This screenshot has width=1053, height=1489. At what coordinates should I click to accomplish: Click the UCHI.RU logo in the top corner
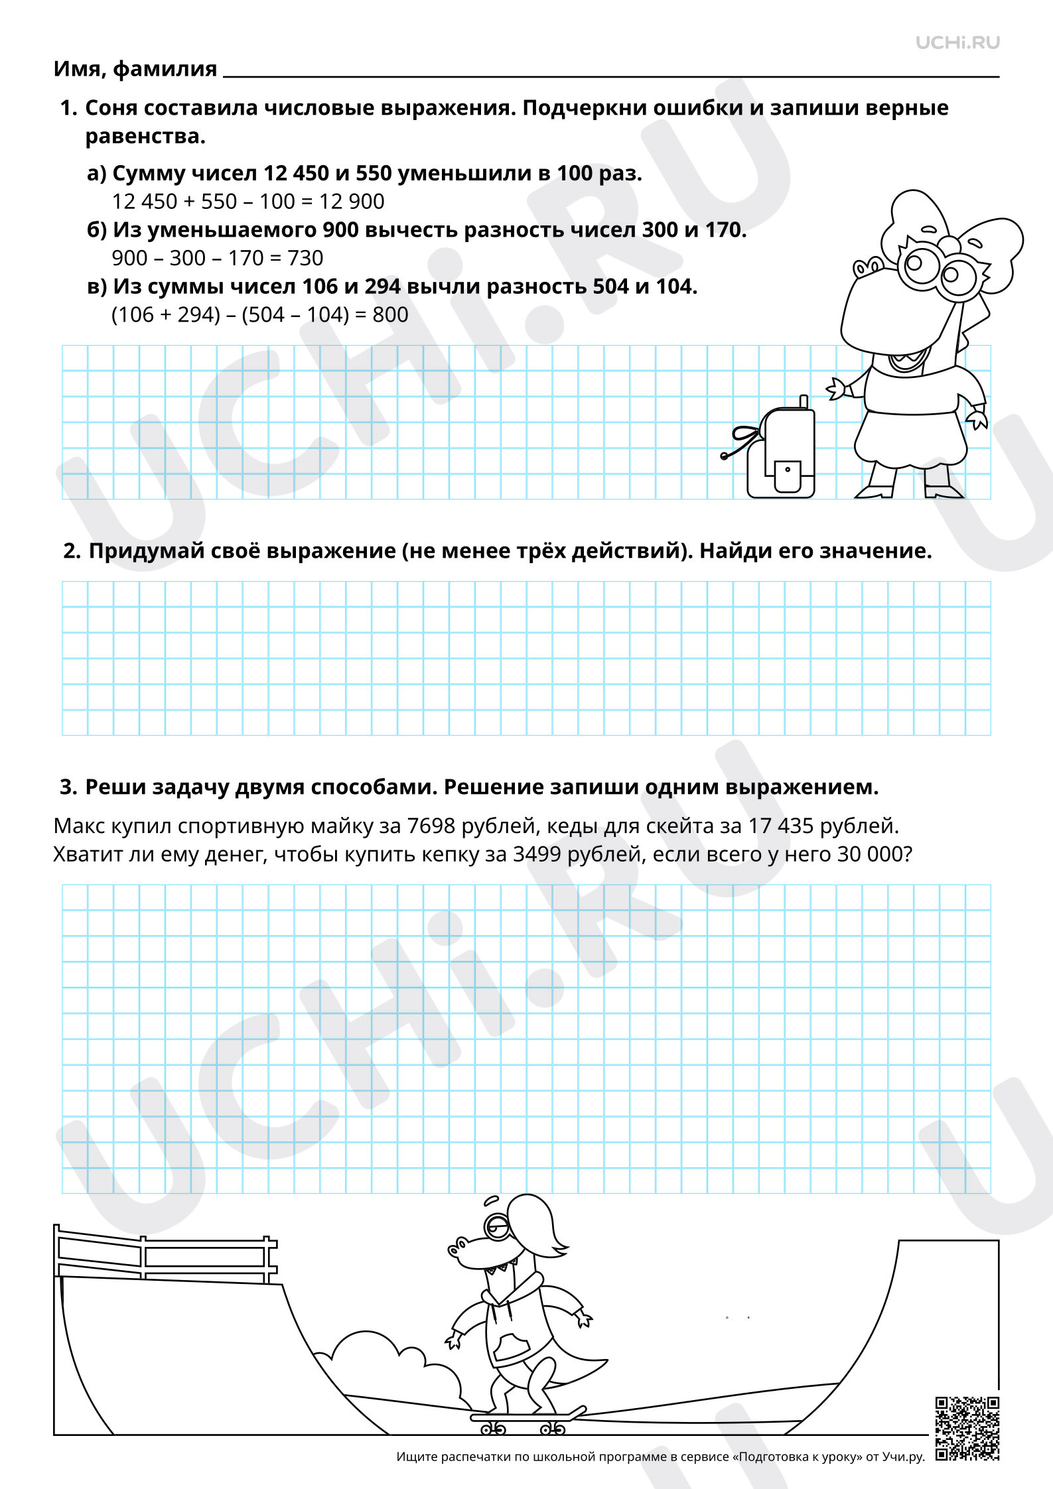[x=957, y=42]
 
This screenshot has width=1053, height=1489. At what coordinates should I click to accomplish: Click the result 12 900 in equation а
[x=352, y=201]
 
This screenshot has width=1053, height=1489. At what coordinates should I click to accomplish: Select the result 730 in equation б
[x=305, y=257]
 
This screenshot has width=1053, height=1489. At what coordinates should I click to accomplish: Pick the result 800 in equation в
[x=390, y=314]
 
